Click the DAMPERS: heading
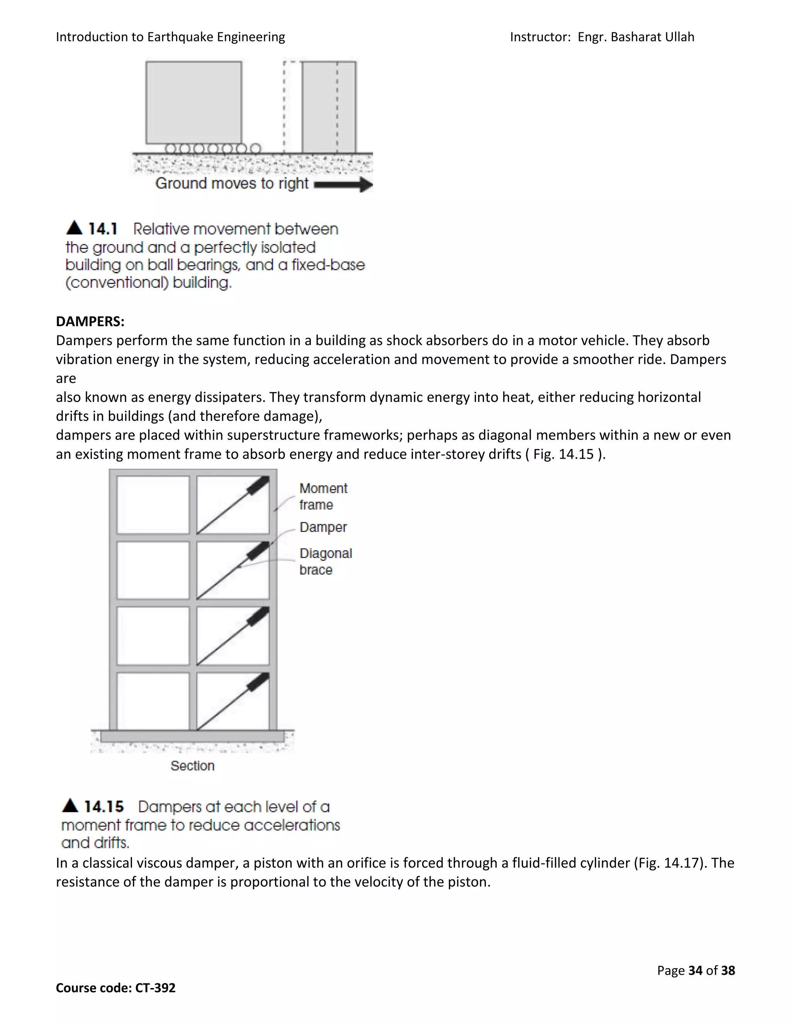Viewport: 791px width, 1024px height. pos(90,321)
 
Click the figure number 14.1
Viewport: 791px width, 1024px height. pos(103,229)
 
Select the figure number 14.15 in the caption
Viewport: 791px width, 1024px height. pos(104,806)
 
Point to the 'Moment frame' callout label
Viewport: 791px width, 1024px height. pos(323,497)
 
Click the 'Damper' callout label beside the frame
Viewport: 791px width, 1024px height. pos(323,527)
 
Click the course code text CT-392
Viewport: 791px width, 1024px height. pos(155,988)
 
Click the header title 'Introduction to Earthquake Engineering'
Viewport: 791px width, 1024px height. pos(170,37)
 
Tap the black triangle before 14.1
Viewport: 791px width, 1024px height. pos(74,228)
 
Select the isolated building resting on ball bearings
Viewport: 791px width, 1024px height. pos(194,102)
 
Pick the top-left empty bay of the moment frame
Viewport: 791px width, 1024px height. pos(153,505)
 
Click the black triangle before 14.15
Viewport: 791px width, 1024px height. pos(70,806)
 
